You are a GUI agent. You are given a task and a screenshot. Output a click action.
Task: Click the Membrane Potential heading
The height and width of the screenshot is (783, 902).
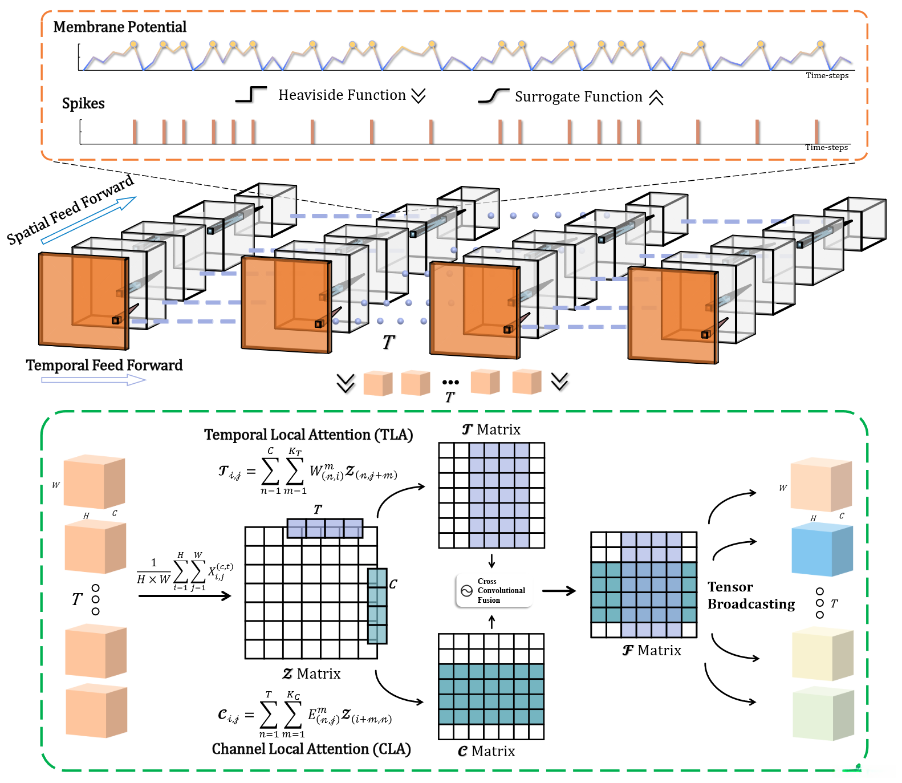click(x=120, y=27)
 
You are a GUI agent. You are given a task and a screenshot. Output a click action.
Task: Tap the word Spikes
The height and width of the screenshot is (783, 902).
click(x=83, y=103)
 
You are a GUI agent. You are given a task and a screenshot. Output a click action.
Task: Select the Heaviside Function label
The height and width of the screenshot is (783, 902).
click(x=342, y=95)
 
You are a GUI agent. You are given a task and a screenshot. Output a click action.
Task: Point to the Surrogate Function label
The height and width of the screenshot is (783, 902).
click(x=578, y=97)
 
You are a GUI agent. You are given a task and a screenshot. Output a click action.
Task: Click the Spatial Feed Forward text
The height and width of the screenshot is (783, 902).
click(x=70, y=210)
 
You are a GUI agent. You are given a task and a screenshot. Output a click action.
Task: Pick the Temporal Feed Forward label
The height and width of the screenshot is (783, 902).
click(x=104, y=365)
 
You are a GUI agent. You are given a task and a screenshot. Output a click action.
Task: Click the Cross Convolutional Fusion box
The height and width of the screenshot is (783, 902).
click(x=494, y=591)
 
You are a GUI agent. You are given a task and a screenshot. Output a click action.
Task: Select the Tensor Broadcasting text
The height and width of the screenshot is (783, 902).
click(x=751, y=595)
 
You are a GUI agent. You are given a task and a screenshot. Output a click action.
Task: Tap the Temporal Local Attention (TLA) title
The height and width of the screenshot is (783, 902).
click(x=308, y=435)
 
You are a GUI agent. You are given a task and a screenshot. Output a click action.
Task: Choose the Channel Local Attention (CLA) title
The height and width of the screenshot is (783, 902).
click(x=311, y=749)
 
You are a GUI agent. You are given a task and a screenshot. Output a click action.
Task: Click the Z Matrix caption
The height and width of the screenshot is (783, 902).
click(x=311, y=674)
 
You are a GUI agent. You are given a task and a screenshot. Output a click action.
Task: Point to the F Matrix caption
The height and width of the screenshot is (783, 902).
click(x=652, y=651)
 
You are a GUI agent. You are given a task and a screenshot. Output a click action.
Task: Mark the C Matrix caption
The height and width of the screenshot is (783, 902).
click(x=486, y=752)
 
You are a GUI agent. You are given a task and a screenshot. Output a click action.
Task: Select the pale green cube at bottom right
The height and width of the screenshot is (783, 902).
click(x=823, y=714)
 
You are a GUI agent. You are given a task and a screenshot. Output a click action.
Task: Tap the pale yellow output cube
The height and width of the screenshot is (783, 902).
click(x=823, y=655)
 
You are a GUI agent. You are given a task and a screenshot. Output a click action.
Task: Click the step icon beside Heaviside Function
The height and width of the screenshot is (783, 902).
click(x=251, y=94)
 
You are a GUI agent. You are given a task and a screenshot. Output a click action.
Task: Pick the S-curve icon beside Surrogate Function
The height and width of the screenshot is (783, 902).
click(x=493, y=96)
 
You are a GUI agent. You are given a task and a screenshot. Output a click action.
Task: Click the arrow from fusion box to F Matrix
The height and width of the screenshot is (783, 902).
click(x=559, y=591)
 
